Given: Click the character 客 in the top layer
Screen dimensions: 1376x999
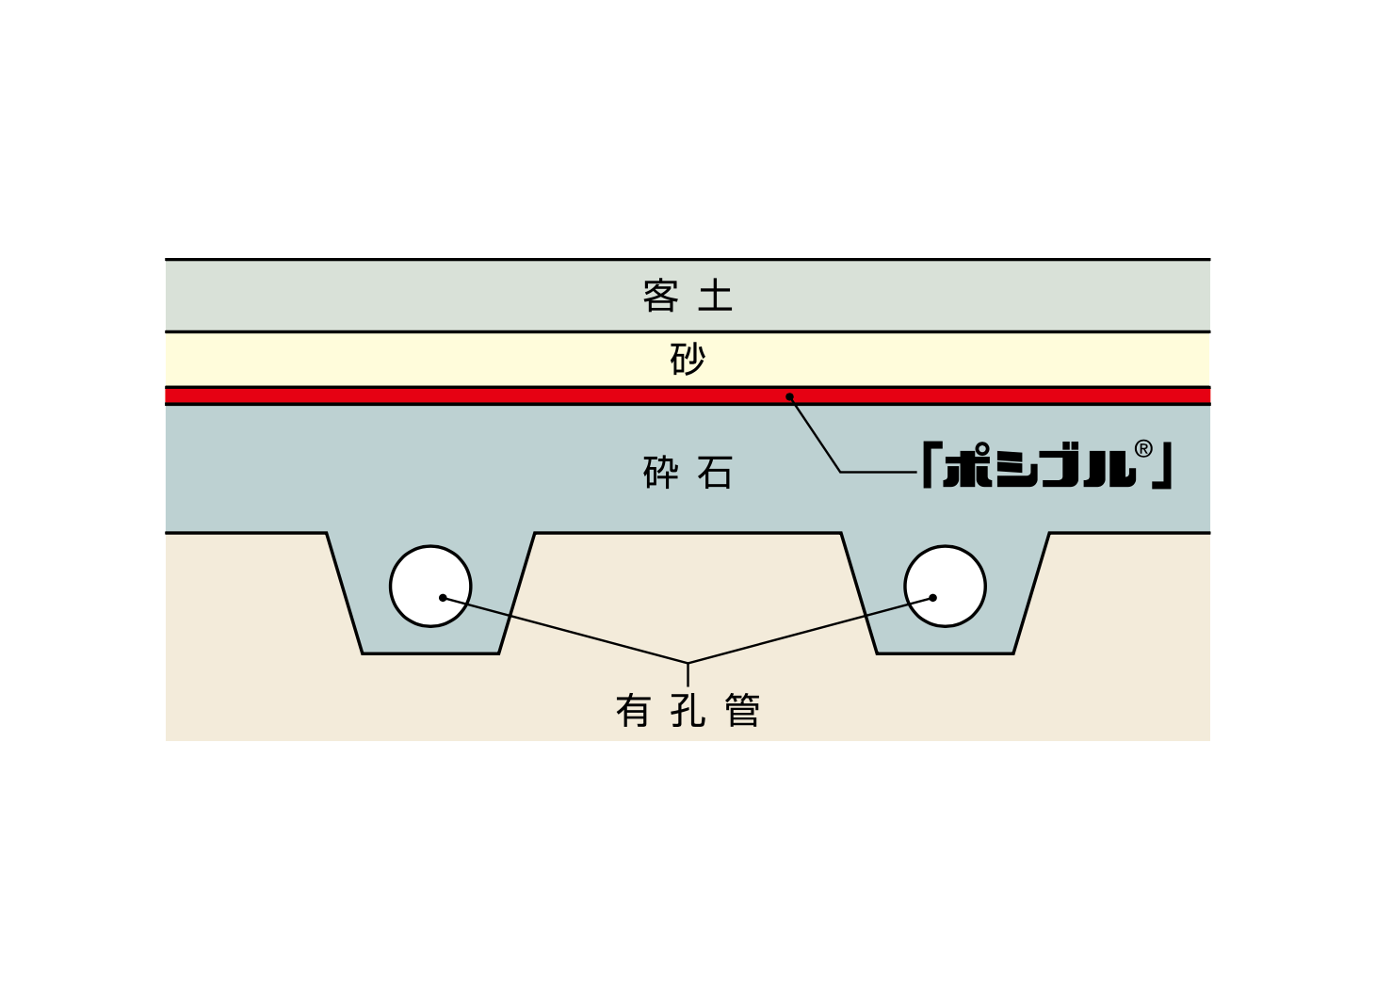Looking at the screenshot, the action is pos(660,296).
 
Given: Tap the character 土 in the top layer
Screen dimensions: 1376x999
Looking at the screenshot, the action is pos(715,296).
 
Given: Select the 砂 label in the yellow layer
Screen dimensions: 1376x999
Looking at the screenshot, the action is pos(688,359).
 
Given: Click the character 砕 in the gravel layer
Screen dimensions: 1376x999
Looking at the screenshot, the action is pos(660,472).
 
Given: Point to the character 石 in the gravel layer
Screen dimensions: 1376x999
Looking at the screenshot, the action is pos(715,472).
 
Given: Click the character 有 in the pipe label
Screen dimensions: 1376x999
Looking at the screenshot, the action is pos(633,711).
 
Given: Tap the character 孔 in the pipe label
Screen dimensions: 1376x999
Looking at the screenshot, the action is pos(688,711).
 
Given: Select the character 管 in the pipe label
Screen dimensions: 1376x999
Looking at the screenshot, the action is pos(743,711).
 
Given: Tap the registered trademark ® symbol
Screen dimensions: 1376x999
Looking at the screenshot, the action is pos(1143,449).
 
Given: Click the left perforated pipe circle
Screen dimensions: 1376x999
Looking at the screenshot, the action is pos(430,587).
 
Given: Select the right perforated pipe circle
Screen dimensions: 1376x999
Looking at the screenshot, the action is pos(946,587).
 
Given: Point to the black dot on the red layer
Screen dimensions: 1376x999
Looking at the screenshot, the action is pos(790,396).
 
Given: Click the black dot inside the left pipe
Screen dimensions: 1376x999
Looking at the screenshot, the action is pos(443,598).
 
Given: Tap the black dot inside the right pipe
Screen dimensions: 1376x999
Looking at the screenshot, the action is pos(933,598).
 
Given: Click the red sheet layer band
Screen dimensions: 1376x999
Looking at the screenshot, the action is pos(688,395).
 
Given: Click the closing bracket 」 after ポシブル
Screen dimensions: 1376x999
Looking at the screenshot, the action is pos(1162,466).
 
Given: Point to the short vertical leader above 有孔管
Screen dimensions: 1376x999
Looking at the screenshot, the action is pos(688,674).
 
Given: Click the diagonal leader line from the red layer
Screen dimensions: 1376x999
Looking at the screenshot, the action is pos(816,434).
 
